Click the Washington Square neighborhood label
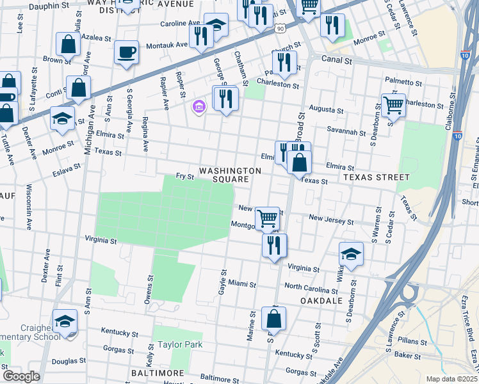click(x=230, y=175)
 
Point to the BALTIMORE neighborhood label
click(x=154, y=372)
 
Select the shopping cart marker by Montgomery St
click(x=266, y=218)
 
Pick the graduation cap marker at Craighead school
click(x=65, y=322)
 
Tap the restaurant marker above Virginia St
click(x=274, y=244)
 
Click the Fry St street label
click(x=185, y=177)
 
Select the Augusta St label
click(x=323, y=109)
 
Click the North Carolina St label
click(x=311, y=287)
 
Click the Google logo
click(x=21, y=376)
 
